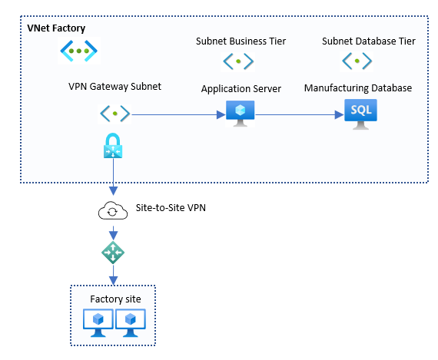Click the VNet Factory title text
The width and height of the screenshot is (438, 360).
tap(56, 28)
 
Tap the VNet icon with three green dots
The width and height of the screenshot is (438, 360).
tap(79, 51)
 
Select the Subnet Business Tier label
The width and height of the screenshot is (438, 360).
tap(241, 41)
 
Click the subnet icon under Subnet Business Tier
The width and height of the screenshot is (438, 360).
tap(238, 61)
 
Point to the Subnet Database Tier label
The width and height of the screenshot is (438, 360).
tap(368, 41)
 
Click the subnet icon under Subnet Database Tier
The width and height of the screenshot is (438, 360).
tap(357, 61)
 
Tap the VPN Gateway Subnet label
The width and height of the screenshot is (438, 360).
tap(114, 87)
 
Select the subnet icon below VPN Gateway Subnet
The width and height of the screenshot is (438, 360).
tap(114, 114)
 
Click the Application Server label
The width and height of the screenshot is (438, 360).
tap(241, 89)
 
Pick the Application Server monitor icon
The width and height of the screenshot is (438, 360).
tap(241, 114)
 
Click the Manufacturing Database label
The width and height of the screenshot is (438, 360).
tap(358, 88)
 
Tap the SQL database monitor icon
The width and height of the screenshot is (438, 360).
tap(360, 114)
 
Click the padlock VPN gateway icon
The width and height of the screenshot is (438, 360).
tap(113, 145)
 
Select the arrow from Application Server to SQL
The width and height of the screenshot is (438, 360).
tap(300, 114)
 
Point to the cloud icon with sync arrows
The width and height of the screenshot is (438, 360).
tap(113, 210)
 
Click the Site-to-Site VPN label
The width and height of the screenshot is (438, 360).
tap(171, 207)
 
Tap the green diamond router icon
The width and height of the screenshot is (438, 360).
tap(113, 253)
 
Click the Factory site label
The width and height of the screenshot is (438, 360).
tap(115, 299)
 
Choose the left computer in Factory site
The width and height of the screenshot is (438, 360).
tap(98, 323)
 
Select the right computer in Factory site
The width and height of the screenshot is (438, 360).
tap(131, 323)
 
